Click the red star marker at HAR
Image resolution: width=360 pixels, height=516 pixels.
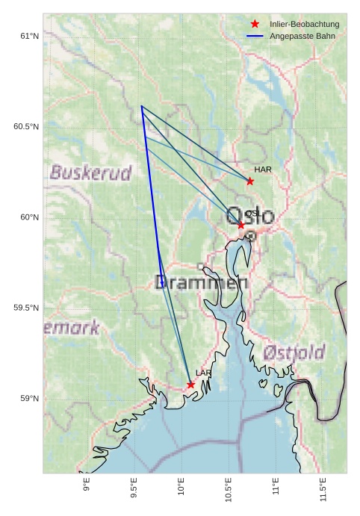coord(250,181)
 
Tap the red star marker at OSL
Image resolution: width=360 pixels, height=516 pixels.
coord(241,225)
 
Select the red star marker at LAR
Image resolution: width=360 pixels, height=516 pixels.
coord(191,385)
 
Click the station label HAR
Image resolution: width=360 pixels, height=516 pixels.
coord(263,170)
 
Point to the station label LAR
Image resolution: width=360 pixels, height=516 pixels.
coord(204,373)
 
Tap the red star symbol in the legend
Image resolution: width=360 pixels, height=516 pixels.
coord(255,25)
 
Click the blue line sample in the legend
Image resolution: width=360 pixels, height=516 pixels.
coord(255,36)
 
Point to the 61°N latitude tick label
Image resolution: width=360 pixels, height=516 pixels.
coord(29,36)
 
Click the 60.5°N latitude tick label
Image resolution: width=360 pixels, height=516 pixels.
coord(26,127)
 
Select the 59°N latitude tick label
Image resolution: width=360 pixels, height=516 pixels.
coord(29,399)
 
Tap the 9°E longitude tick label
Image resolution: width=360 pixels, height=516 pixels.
coord(87,487)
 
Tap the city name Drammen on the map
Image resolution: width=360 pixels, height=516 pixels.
coord(201,282)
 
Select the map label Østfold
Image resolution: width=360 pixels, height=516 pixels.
coord(294,352)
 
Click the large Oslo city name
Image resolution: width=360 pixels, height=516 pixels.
coord(251,216)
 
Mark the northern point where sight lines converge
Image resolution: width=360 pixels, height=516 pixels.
coord(141,106)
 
